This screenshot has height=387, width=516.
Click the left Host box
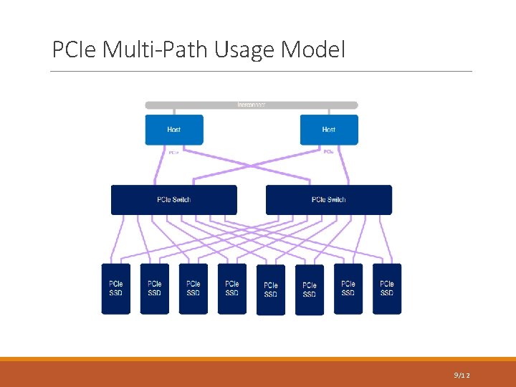[174, 130]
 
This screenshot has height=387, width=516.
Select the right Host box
[329, 130]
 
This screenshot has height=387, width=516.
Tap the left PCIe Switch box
[173, 199]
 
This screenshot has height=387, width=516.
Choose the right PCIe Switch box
[329, 199]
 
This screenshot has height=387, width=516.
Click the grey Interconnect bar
[252, 105]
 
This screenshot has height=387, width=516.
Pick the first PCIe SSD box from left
[116, 289]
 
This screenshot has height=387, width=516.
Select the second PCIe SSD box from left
[155, 289]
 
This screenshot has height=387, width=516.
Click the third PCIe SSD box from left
[193, 289]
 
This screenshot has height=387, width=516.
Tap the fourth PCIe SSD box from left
[232, 289]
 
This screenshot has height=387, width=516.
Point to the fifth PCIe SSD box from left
[271, 290]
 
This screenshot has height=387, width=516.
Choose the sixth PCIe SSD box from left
[310, 290]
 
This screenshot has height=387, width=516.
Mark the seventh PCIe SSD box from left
[348, 289]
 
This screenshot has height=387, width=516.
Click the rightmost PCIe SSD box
[387, 289]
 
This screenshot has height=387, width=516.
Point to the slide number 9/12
[462, 375]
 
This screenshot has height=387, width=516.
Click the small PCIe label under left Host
[173, 152]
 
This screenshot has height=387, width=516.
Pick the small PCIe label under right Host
[328, 152]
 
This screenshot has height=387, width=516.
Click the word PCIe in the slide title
[75, 50]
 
